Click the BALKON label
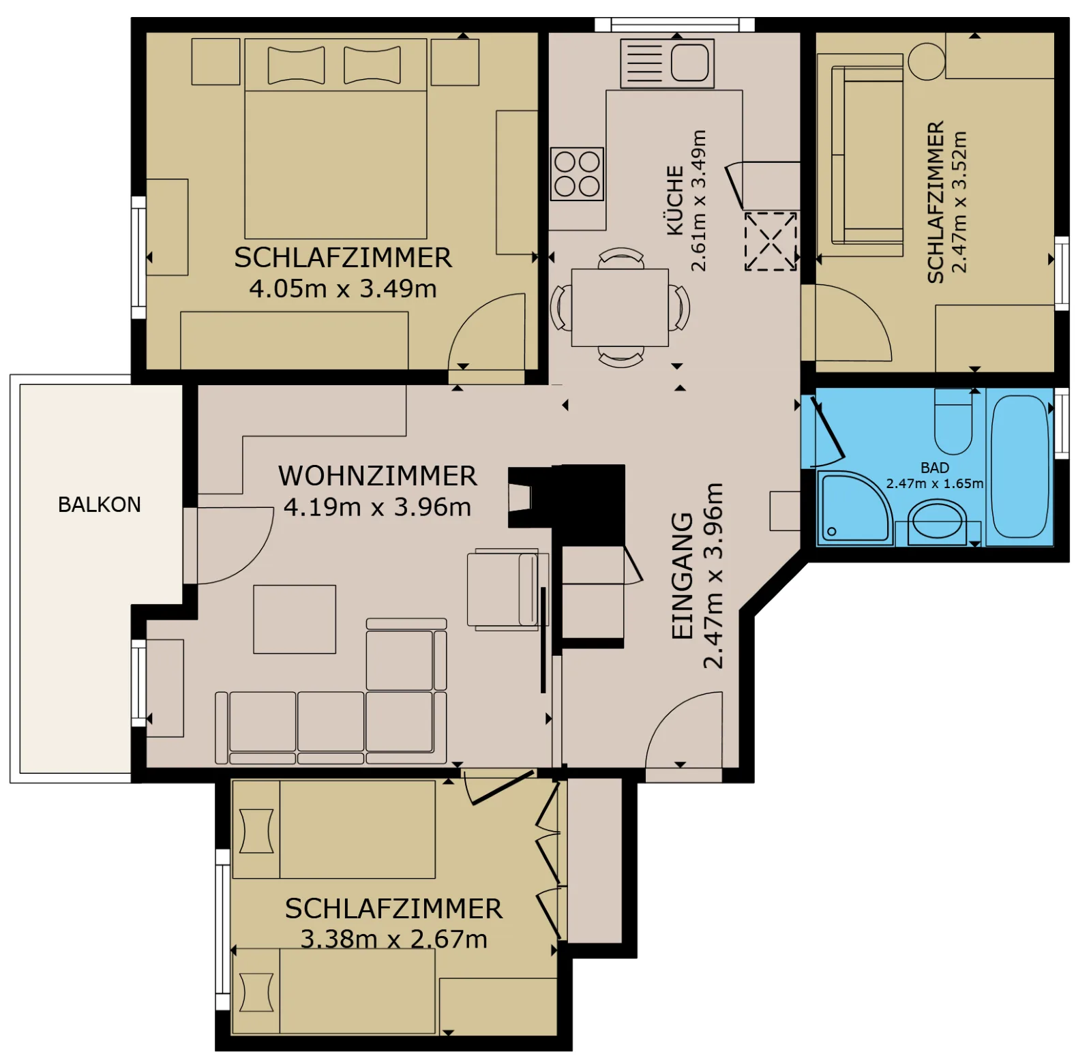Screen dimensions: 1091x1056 100,504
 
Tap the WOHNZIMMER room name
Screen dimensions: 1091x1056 377,476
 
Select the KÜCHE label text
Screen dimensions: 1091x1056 675,200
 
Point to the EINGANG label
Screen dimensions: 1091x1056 683,576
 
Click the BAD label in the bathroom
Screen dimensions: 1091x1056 935,468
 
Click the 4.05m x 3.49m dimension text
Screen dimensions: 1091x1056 343,288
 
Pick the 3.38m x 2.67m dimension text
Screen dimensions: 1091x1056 394,939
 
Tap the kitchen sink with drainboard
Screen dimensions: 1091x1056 667,63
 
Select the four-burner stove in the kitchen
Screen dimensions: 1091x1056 578,174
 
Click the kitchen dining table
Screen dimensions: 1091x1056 620,307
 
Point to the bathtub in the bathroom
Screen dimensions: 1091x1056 1019,467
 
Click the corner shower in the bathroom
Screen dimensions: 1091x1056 856,508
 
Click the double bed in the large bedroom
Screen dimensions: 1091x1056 335,138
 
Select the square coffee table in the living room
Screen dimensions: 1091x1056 295,619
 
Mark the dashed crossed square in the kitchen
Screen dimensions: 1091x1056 771,241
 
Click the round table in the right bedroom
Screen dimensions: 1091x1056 927,61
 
